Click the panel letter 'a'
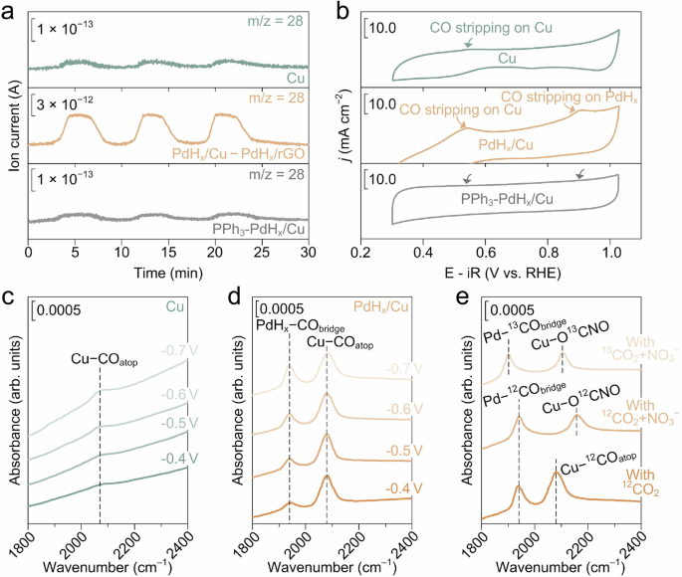8,11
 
